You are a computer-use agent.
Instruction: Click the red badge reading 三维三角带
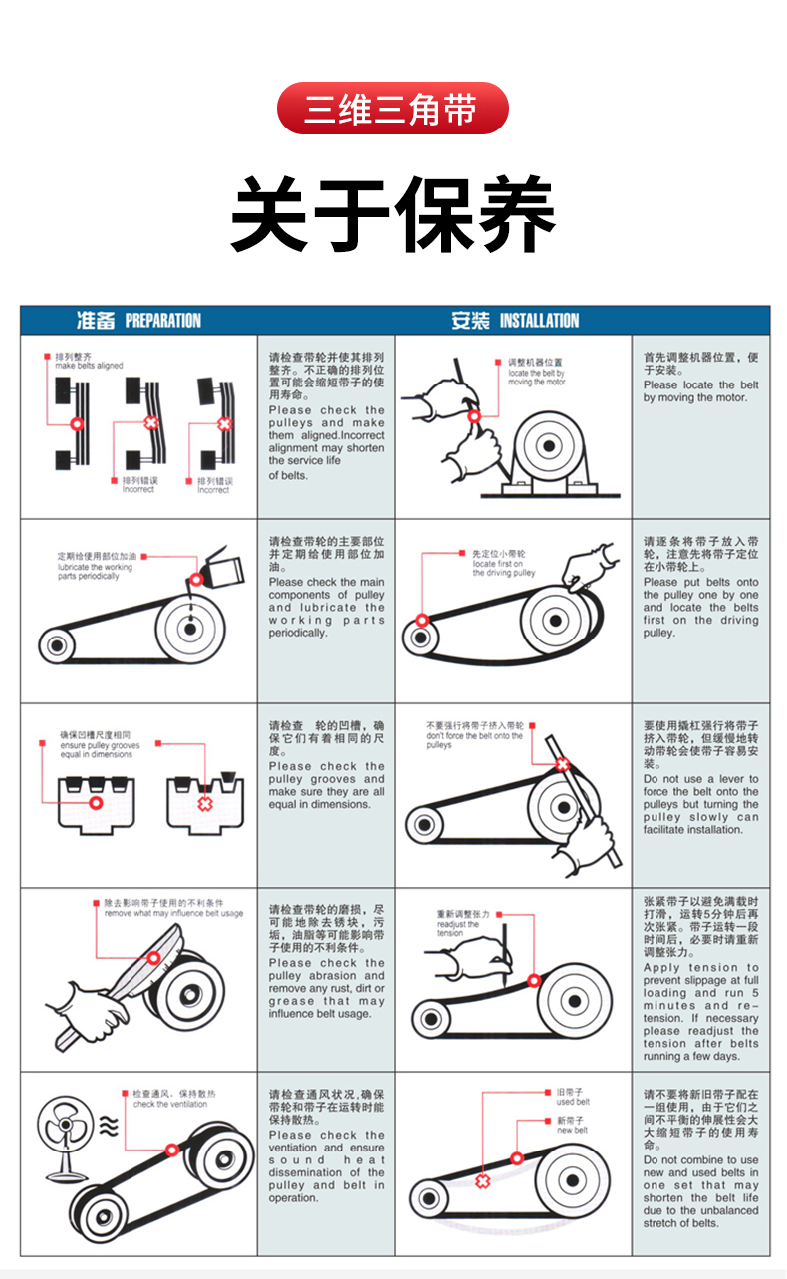click(393, 108)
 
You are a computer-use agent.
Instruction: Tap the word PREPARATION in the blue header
click(162, 321)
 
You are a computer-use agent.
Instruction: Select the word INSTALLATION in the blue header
click(539, 321)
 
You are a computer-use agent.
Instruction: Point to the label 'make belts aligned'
click(89, 366)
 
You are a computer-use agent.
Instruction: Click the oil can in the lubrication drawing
click(223, 568)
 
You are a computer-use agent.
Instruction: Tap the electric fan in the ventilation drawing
click(67, 1138)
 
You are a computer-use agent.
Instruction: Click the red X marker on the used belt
click(482, 1181)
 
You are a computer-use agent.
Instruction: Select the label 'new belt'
click(572, 1130)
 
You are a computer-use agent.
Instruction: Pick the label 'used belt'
click(573, 1102)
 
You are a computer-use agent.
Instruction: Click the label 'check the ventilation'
click(170, 1104)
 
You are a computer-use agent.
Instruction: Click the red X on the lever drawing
click(562, 764)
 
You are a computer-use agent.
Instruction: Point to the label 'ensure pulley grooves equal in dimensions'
click(100, 750)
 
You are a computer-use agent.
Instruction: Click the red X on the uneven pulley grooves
click(204, 804)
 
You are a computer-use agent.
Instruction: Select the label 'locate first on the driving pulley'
click(504, 568)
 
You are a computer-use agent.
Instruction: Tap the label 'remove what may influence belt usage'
click(173, 913)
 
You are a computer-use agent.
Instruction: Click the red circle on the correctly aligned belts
click(76, 424)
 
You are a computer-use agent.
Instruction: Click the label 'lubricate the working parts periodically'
click(95, 572)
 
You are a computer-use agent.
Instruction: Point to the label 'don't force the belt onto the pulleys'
click(474, 740)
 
